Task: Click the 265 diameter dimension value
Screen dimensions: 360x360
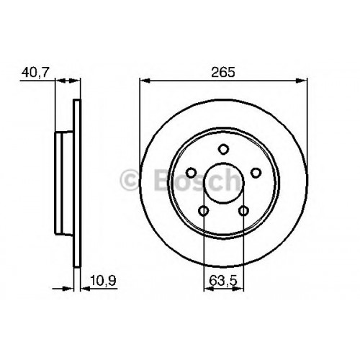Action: coord(223,72)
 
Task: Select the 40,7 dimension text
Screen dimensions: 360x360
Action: coord(35,72)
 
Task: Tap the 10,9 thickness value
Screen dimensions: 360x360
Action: coord(104,280)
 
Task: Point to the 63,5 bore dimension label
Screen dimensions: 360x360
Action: coord(223,280)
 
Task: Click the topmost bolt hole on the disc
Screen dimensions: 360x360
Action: coord(223,149)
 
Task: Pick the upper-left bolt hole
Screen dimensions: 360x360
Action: coord(192,173)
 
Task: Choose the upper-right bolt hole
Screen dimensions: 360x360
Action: coord(256,173)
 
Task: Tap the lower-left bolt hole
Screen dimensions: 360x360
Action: coord(204,211)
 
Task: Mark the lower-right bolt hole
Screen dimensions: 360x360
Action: coord(243,211)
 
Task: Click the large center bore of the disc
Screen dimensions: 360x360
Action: coord(223,183)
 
